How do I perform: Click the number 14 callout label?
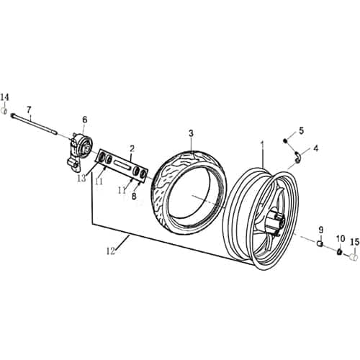(6, 97)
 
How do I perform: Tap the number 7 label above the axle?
(30, 110)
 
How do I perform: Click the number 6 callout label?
(84, 120)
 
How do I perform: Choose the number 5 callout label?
(301, 130)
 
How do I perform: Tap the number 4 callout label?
(315, 148)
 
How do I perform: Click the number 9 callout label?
(320, 230)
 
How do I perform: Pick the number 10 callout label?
(340, 237)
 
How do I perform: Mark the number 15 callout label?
(354, 242)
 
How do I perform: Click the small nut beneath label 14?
(6, 112)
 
